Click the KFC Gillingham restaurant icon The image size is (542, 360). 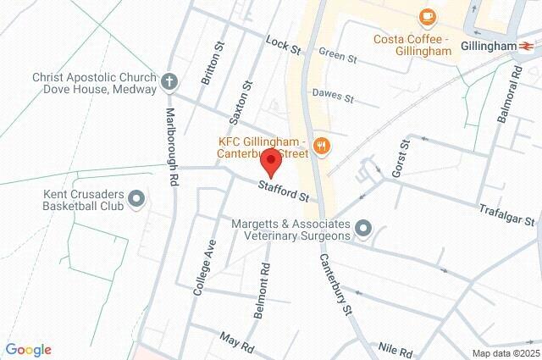(x=321, y=146)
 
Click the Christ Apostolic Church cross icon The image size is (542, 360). (x=168, y=82)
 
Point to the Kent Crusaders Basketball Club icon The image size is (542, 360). (x=136, y=201)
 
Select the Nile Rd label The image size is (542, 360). (x=395, y=350)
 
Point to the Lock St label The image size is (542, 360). (x=283, y=44)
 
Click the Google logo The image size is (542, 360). (x=28, y=350)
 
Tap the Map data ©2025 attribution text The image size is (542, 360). (x=505, y=353)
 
